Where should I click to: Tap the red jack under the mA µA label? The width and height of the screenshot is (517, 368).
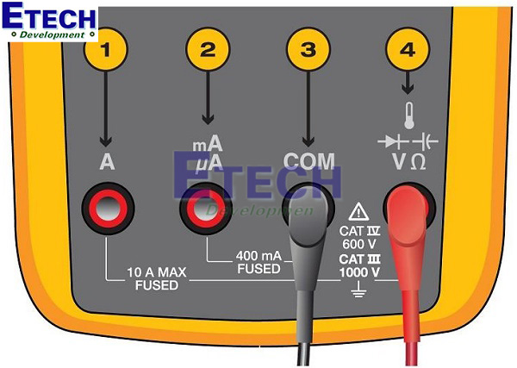click(206, 208)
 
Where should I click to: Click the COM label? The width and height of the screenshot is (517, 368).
click(308, 161)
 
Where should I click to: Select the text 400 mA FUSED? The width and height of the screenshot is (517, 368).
click(259, 262)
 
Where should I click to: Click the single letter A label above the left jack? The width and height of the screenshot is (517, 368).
click(107, 162)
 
